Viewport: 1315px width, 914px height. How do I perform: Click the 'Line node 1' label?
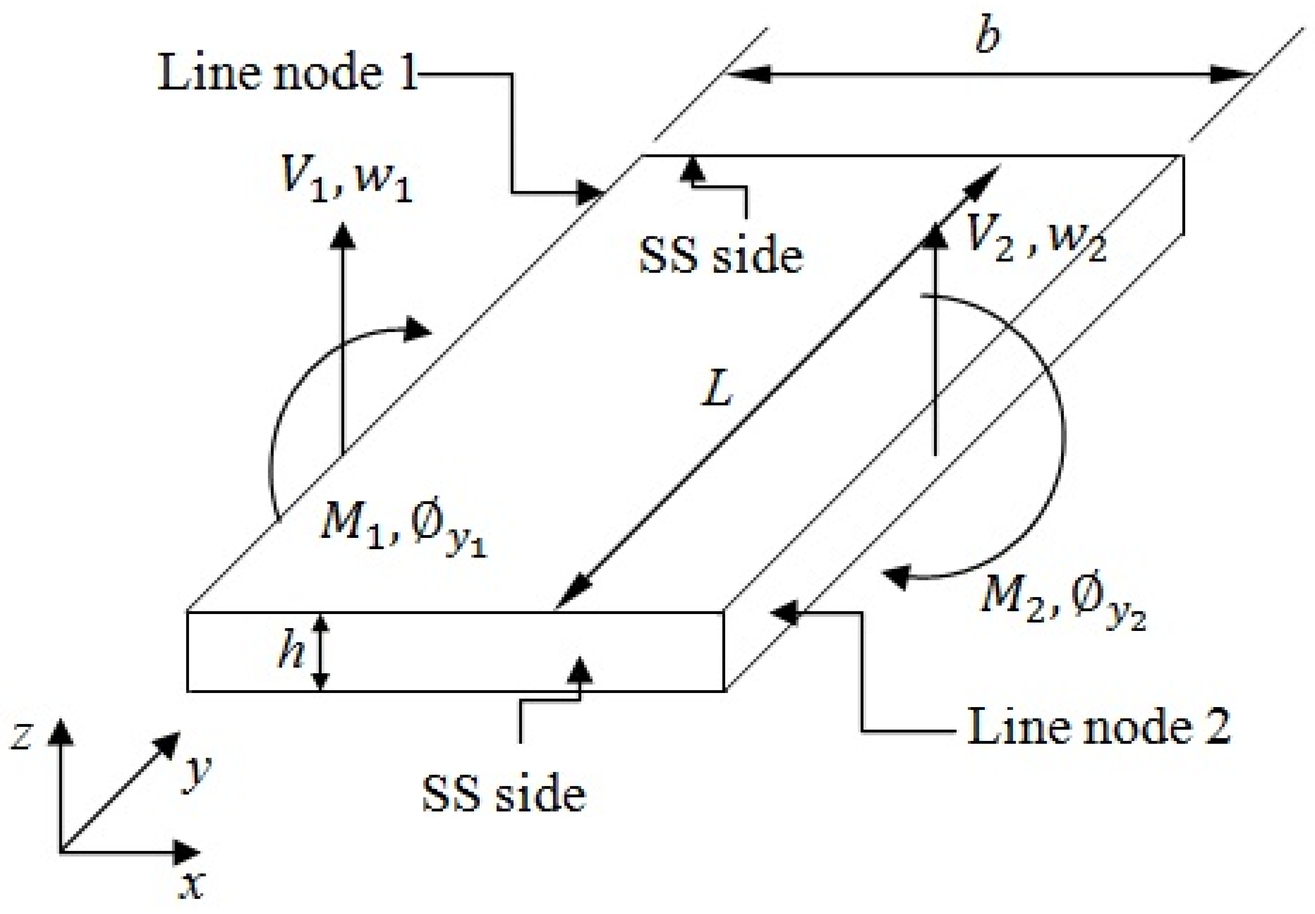(287, 74)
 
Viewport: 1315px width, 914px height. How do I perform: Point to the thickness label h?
(291, 652)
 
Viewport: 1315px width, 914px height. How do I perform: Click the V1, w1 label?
(347, 178)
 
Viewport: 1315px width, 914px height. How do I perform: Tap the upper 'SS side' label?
(721, 255)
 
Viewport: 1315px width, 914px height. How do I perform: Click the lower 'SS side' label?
(504, 795)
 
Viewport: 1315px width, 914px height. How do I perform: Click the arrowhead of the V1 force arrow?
(343, 235)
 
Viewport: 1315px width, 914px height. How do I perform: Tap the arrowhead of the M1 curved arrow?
(417, 330)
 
